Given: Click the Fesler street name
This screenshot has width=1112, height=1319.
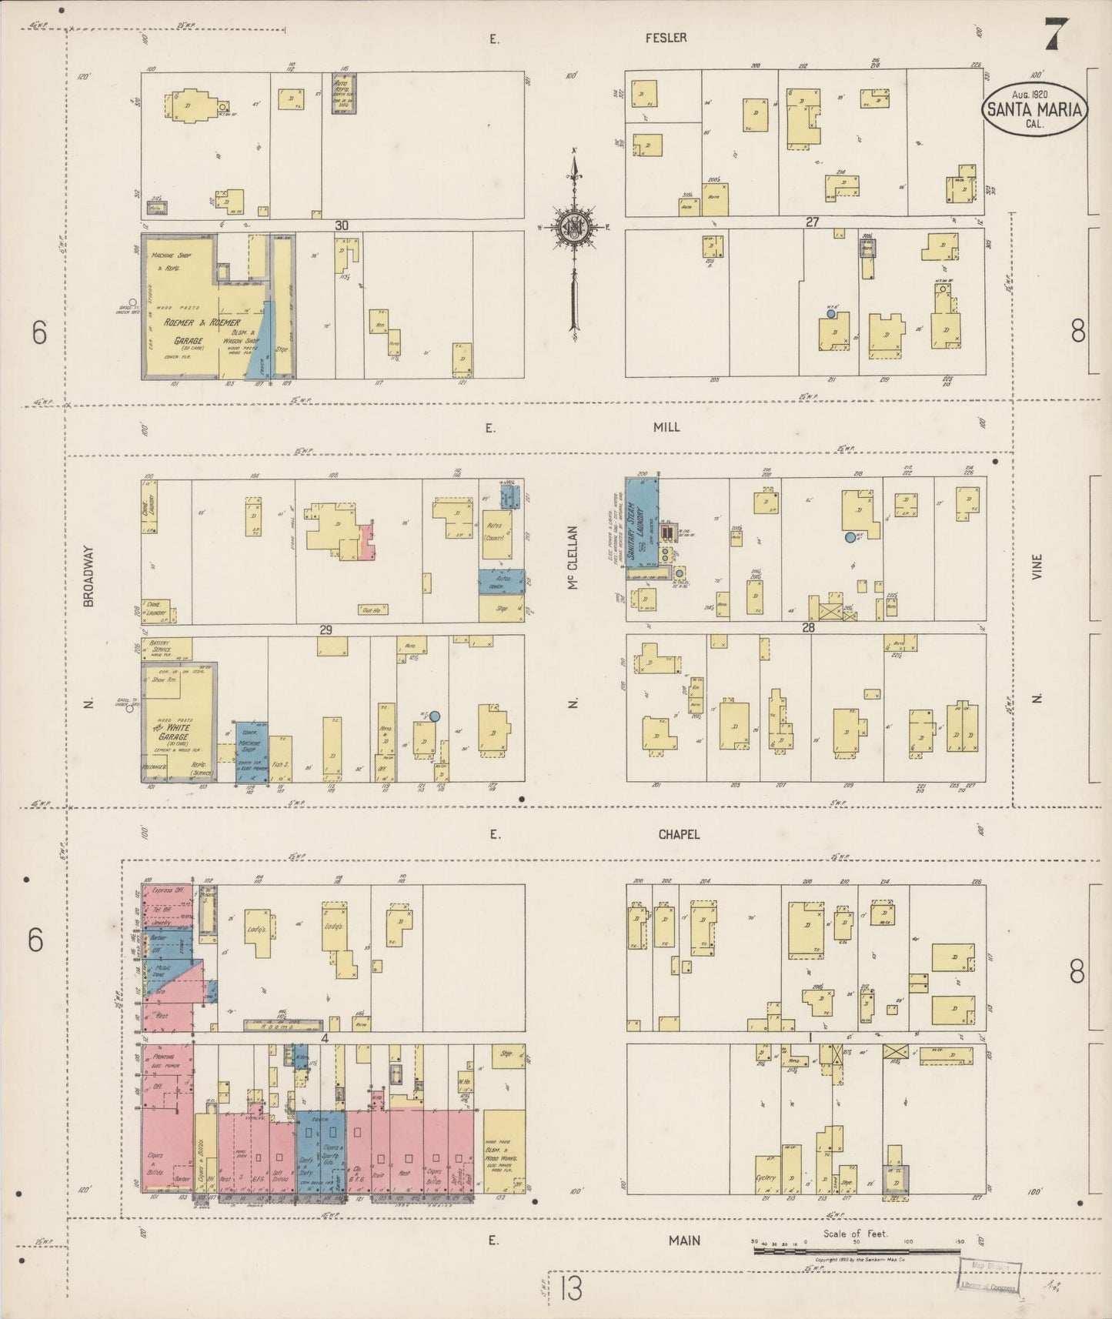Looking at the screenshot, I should point(666,38).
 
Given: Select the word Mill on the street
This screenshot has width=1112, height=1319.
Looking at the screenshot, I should point(666,427).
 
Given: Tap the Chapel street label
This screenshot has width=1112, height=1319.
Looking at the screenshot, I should point(680,834).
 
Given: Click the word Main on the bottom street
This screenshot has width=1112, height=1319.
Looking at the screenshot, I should point(684,1240).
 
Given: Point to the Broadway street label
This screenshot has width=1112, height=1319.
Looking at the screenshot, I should point(88,576).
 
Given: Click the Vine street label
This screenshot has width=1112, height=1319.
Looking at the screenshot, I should point(1037,566).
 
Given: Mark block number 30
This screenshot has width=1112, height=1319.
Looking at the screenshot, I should point(341,225).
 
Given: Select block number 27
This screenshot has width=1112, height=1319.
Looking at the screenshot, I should point(812,222).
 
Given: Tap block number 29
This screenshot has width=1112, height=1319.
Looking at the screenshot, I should point(326,630).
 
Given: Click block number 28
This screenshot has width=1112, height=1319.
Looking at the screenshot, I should point(808,628).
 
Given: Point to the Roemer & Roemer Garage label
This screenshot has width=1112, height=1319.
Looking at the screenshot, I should point(192,331).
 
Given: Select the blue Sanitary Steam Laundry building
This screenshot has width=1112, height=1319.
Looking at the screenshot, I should point(641,523).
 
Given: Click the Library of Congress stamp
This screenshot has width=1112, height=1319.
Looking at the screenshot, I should point(990,1276).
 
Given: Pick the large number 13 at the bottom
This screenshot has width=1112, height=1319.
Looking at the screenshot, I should point(571,1288).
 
